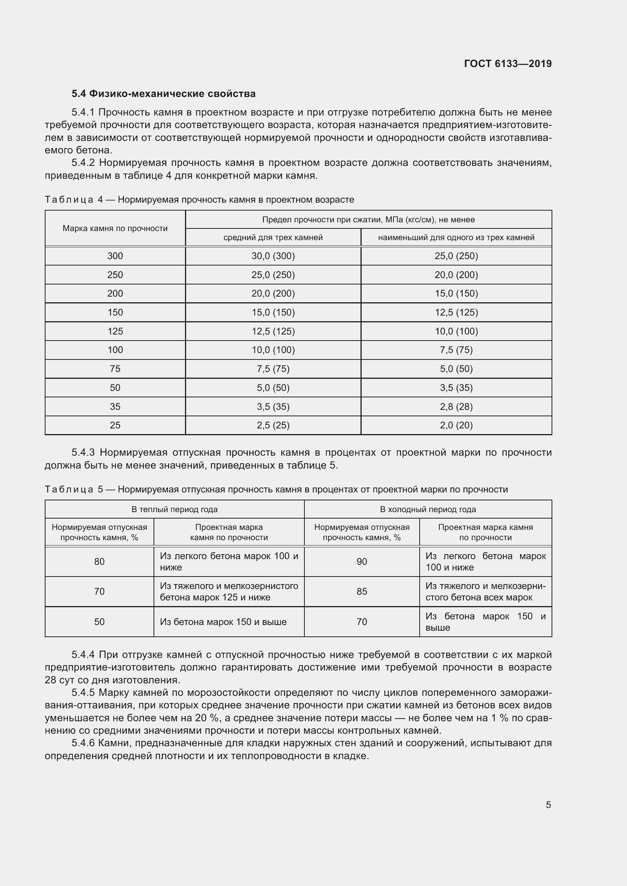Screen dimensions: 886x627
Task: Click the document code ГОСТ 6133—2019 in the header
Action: tap(508, 64)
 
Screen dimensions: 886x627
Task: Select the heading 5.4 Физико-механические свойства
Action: tap(163, 94)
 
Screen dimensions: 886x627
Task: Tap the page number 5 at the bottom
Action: tap(548, 805)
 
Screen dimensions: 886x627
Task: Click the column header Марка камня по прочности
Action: tap(115, 228)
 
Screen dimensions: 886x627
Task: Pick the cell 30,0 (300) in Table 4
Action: tap(273, 256)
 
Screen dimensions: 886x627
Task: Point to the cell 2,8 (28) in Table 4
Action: tap(456, 407)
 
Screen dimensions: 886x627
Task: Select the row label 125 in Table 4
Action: tap(115, 331)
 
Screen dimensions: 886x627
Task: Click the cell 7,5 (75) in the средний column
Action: tap(273, 369)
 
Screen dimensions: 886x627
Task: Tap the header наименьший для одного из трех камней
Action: tap(456, 238)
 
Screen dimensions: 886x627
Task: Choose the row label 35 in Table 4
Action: tap(115, 407)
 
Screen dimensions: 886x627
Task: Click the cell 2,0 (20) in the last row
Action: tap(456, 425)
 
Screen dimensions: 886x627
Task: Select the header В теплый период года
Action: tap(174, 509)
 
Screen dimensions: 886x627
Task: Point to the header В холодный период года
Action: tap(428, 509)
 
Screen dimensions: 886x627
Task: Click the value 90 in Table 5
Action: tap(362, 562)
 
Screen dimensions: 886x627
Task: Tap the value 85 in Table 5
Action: tap(362, 592)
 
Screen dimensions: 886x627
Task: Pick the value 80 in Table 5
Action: tap(99, 562)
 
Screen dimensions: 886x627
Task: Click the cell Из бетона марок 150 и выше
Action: tap(223, 622)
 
